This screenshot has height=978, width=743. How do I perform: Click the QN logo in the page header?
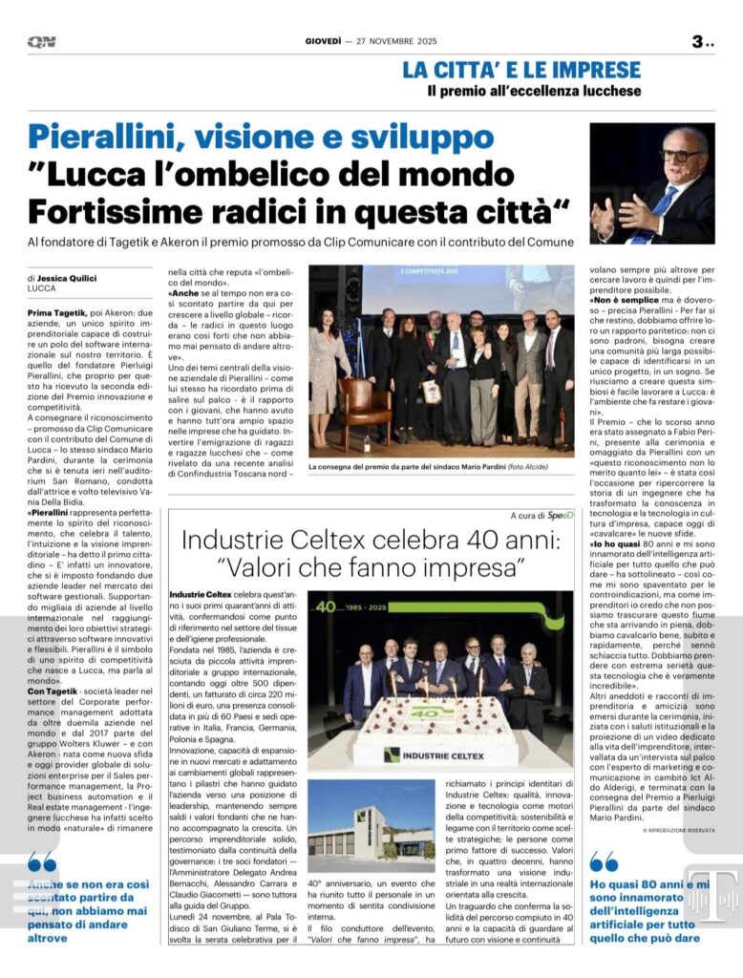[41, 42]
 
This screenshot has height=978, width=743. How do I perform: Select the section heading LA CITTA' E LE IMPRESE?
[520, 70]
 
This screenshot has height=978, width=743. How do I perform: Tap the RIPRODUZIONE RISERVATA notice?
[679, 830]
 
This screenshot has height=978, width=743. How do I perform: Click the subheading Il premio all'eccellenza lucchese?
[534, 92]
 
